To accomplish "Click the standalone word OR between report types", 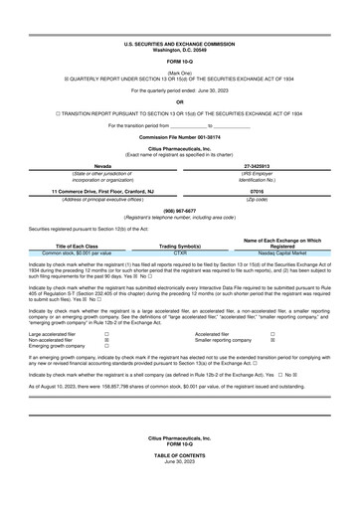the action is [x=180, y=101].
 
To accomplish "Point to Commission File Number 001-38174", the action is [x=180, y=136].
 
